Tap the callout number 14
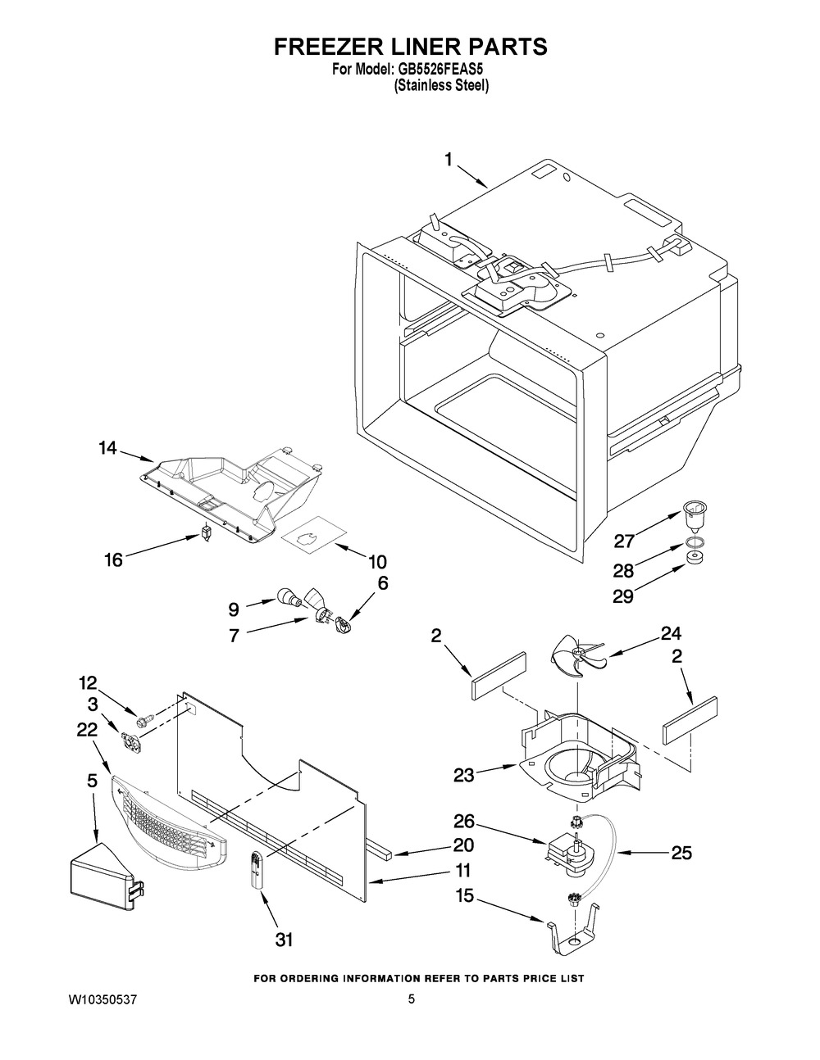click(107, 448)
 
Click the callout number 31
click(284, 940)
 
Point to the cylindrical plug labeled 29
click(697, 559)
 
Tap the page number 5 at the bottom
click(412, 999)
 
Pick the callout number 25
click(681, 853)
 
